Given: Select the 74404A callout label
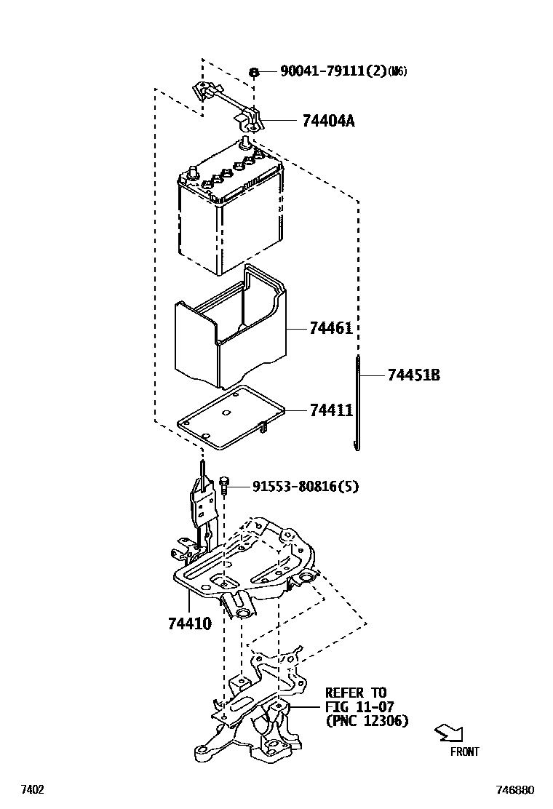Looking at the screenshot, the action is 329,121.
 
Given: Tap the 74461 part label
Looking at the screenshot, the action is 331,327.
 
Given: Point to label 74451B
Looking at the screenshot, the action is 414,375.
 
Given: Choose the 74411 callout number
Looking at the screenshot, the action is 332,410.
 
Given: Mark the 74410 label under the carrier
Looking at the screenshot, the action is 190,623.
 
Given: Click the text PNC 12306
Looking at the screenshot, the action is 367,721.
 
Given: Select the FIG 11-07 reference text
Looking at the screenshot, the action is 359,706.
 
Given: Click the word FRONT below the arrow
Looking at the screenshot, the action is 464,752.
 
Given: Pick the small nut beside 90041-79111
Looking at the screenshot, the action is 254,72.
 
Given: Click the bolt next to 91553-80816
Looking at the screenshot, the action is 224,485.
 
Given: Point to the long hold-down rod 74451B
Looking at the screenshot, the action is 357,402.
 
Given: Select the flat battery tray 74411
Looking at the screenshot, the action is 231,418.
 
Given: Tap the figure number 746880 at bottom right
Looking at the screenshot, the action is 515,790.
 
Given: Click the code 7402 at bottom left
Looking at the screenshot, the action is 32,790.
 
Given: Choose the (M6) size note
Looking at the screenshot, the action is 397,71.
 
